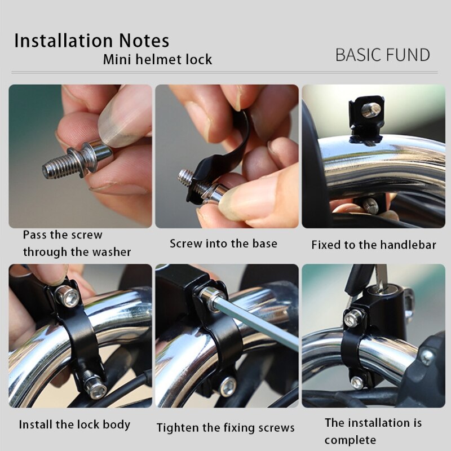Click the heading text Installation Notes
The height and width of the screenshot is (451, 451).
click(91, 41)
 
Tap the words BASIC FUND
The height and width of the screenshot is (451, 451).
click(382, 55)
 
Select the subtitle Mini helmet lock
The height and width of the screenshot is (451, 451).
click(157, 59)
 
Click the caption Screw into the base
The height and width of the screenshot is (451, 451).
click(223, 244)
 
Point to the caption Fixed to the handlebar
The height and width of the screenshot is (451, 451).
click(373, 245)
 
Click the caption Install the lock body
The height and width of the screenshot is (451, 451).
click(74, 425)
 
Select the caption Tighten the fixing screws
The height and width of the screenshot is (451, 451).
click(225, 428)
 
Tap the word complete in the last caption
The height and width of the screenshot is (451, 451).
click(350, 440)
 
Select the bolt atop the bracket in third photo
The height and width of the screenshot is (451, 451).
click(369, 110)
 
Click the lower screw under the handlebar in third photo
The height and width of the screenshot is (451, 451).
click(370, 206)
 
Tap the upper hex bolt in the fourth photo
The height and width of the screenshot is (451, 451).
click(68, 297)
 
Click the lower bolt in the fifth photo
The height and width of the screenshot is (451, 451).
click(227, 386)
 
